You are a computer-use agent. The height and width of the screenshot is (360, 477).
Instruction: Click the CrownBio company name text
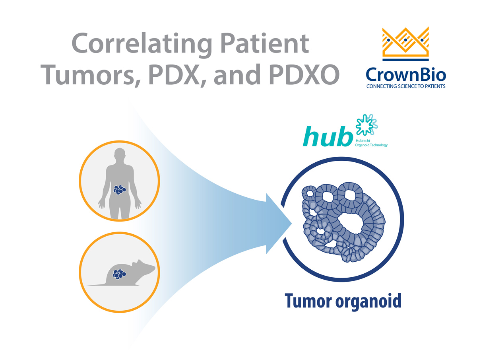pos(405,74)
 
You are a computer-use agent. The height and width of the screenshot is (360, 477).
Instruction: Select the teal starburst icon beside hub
pos(366,125)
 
